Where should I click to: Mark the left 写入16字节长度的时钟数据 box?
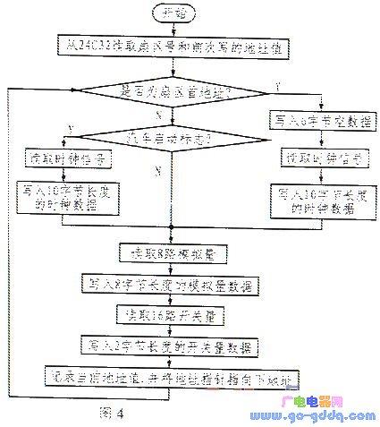[x=61, y=197]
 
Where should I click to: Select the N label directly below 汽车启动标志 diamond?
[x=159, y=168]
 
